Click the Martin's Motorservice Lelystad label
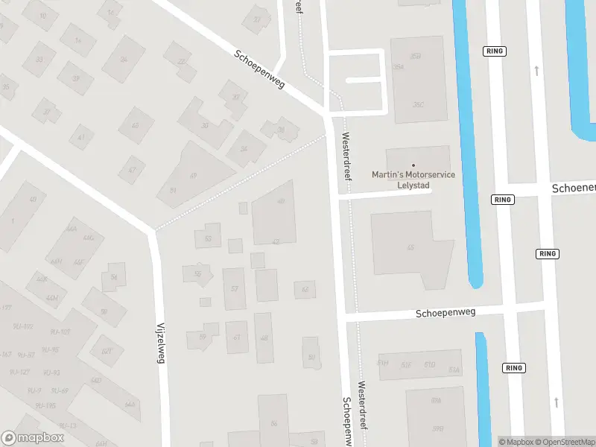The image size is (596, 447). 413,180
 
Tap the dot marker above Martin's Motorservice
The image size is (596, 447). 413,165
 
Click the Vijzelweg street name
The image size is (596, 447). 161,343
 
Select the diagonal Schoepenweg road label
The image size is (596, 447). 259,69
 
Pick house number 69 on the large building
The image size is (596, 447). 193,175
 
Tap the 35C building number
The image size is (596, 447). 418,105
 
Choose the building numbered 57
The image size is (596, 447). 234,288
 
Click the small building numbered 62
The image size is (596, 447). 304,289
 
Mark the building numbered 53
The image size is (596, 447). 208,238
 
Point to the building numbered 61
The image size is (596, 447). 237,337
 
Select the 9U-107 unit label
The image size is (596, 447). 60,332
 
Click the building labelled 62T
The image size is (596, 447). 107,351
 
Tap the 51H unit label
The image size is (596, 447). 383,363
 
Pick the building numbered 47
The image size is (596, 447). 132,170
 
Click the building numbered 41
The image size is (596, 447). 80,138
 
